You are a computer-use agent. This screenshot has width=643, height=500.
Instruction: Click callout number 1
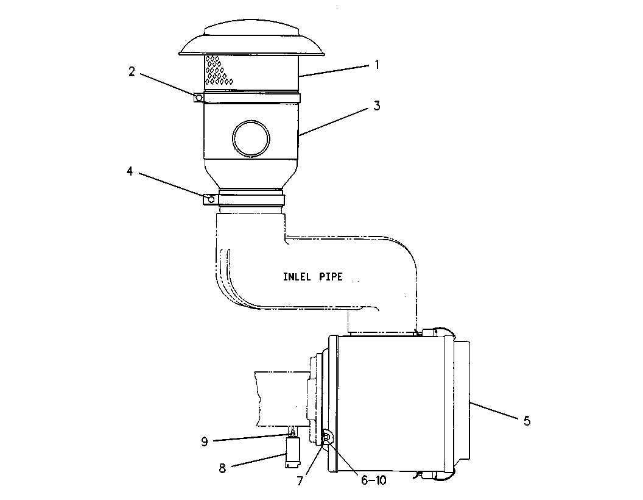click(x=376, y=65)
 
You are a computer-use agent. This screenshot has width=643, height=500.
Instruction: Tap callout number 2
click(x=132, y=72)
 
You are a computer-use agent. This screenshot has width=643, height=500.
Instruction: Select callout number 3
click(x=376, y=106)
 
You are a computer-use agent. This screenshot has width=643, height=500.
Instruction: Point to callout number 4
click(x=130, y=171)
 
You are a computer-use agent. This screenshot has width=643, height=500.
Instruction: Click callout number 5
click(x=527, y=421)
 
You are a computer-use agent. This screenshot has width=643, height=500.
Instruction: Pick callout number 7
click(x=300, y=480)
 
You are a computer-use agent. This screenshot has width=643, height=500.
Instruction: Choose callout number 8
click(x=223, y=468)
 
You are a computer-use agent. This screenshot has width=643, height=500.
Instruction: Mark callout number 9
click(x=205, y=441)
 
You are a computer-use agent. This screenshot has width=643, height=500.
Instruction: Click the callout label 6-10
click(x=374, y=480)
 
